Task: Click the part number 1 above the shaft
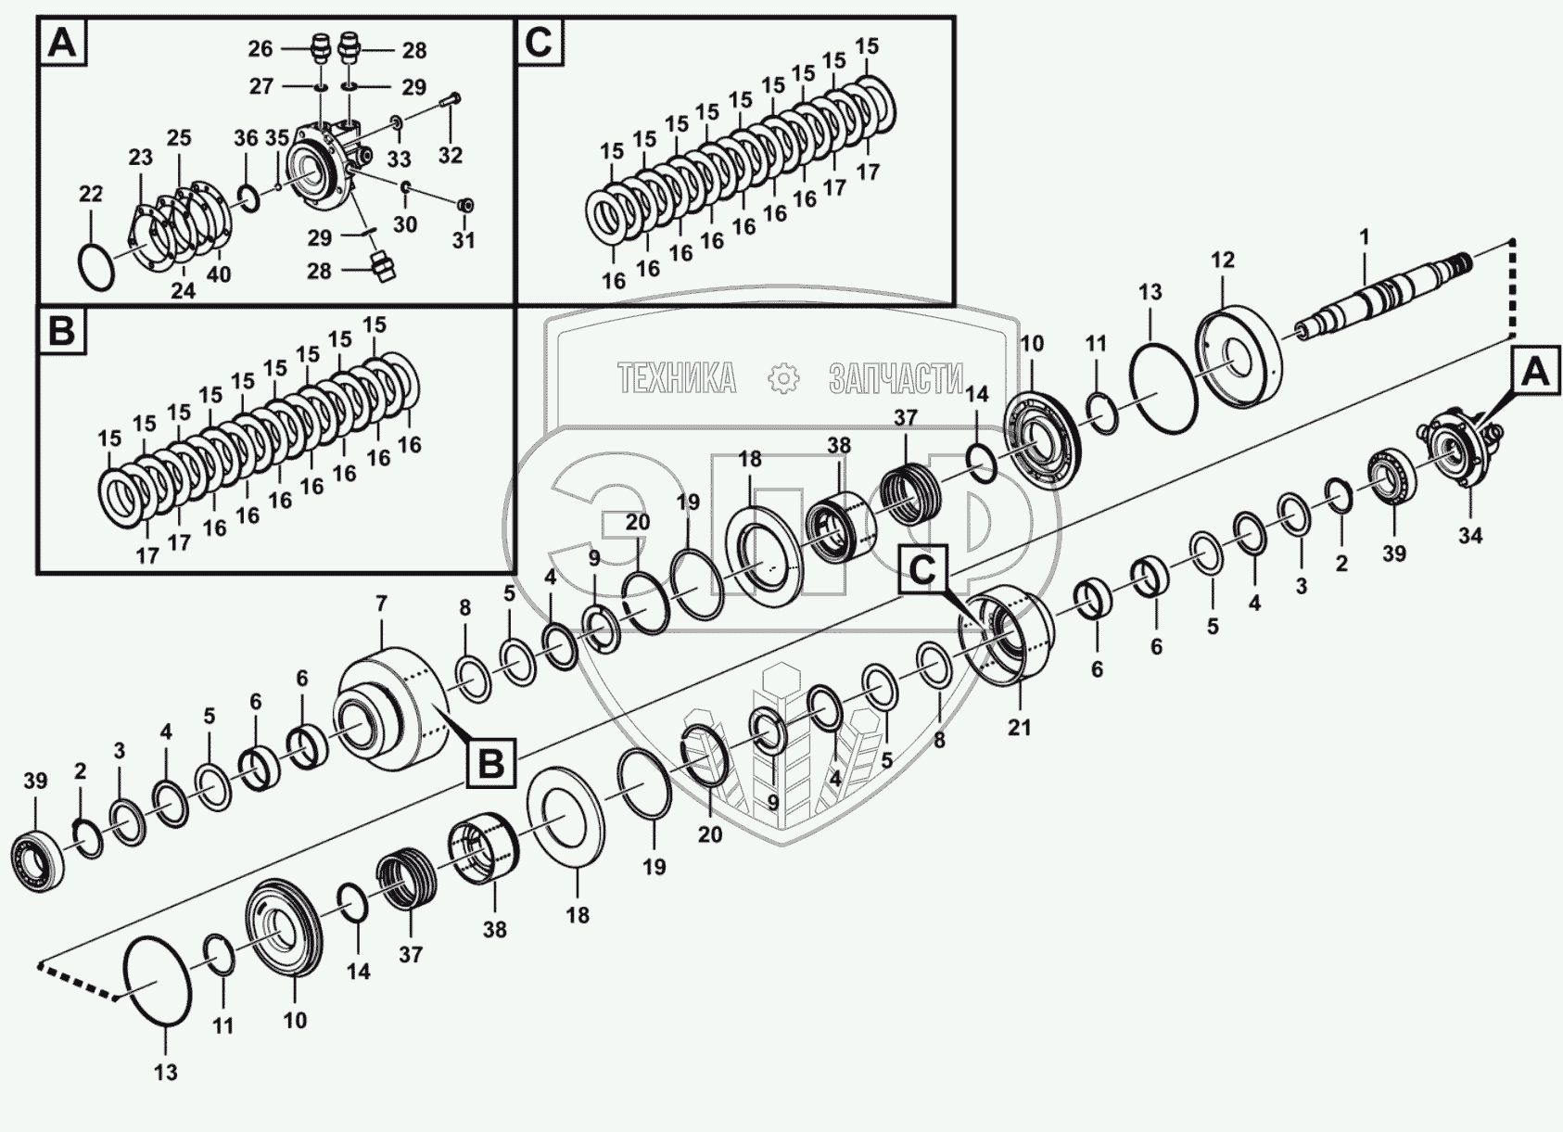pos(1364,238)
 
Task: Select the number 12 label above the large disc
pos(1223,260)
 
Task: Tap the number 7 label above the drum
pos(381,604)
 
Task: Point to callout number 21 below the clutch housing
pos(1019,727)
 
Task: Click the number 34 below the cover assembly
pos(1470,535)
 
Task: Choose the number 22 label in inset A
pos(90,194)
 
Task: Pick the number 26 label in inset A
pos(260,49)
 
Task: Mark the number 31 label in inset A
pos(464,240)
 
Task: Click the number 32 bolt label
pos(450,155)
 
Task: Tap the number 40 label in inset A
pos(219,274)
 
